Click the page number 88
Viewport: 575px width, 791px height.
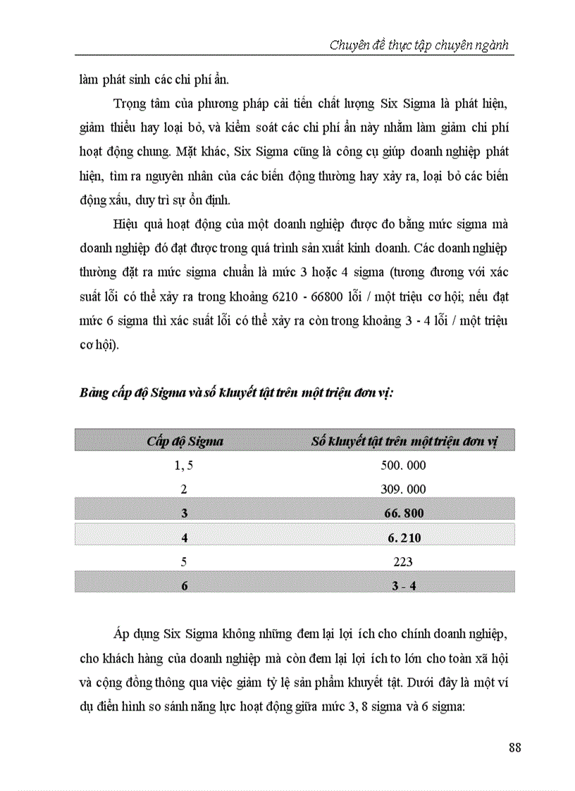514,747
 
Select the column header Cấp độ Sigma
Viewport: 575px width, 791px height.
185,442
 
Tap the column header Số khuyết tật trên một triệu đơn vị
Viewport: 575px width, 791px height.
404,442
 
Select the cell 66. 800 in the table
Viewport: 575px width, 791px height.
404,513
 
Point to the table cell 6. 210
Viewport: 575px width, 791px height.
404,538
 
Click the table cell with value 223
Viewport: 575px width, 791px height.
404,562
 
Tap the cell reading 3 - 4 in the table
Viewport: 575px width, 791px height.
404,585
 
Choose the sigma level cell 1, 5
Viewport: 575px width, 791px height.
185,466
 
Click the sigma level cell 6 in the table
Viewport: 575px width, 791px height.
185,585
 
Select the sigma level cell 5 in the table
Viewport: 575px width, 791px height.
185,562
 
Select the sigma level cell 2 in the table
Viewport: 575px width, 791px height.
185,489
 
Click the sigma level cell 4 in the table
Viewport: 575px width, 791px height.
185,538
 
